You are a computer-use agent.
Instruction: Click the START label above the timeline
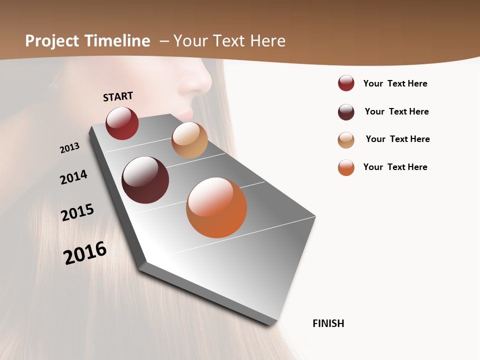point(118,96)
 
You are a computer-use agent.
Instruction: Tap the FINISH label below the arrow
point(328,323)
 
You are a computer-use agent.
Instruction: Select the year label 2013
point(69,148)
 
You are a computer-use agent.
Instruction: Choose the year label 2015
point(77,212)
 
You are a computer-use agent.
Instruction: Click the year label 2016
point(85,252)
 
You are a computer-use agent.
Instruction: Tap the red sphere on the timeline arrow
point(122,123)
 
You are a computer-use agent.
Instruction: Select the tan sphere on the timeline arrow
point(189,140)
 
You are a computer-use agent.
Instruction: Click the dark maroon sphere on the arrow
point(145,180)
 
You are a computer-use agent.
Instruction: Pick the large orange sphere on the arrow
point(216,207)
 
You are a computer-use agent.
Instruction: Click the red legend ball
point(346,83)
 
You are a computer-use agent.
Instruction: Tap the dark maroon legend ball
point(346,112)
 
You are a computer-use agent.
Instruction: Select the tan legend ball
point(346,140)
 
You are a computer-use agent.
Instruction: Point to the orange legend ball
point(346,167)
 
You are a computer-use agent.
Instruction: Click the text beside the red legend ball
point(395,83)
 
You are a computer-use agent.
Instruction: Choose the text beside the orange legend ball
point(395,167)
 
